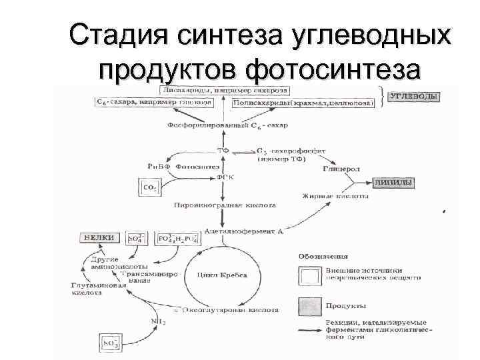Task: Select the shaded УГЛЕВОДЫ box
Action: pyautogui.click(x=414, y=97)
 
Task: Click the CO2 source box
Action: pyautogui.click(x=149, y=189)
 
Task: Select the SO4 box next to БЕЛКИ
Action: pyautogui.click(x=136, y=238)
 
